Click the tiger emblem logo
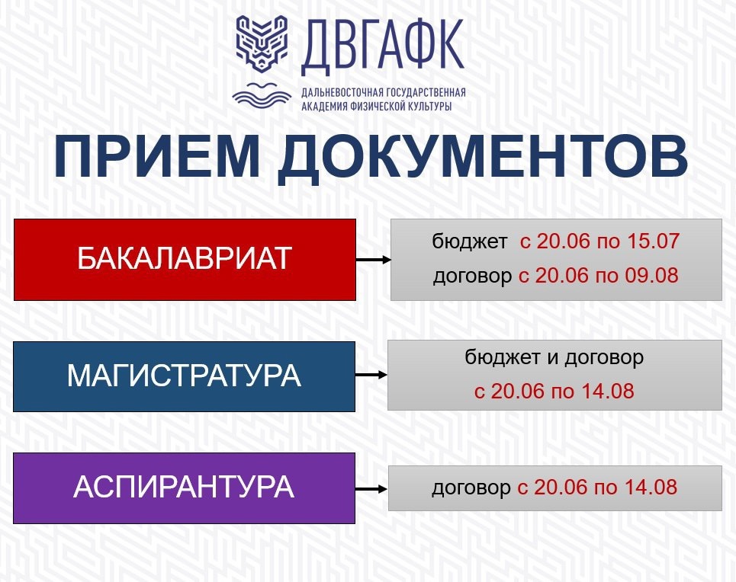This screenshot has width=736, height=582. pyautogui.click(x=262, y=44)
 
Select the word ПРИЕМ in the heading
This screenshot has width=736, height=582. pyautogui.click(x=157, y=157)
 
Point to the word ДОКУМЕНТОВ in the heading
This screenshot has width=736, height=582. pyautogui.click(x=483, y=158)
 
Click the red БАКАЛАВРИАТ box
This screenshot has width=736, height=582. pyautogui.click(x=185, y=259)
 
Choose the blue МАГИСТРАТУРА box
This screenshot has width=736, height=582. pyautogui.click(x=184, y=376)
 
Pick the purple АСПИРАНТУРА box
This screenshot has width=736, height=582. pyautogui.click(x=184, y=488)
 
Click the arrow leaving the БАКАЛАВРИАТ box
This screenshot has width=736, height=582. pyautogui.click(x=374, y=259)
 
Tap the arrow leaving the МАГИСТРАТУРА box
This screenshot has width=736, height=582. pyautogui.click(x=371, y=375)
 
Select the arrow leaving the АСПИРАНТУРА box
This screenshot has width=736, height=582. pyautogui.click(x=371, y=489)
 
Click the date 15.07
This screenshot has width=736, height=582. pyautogui.click(x=654, y=241)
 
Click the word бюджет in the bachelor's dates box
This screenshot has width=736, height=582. pyautogui.click(x=470, y=241)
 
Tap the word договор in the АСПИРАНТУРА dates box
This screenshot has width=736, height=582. pyautogui.click(x=471, y=488)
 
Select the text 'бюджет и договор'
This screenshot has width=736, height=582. pyautogui.click(x=554, y=358)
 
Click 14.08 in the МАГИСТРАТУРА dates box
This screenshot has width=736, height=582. pyautogui.click(x=608, y=391)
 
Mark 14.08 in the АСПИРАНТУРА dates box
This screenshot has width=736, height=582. pyautogui.click(x=651, y=488)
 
